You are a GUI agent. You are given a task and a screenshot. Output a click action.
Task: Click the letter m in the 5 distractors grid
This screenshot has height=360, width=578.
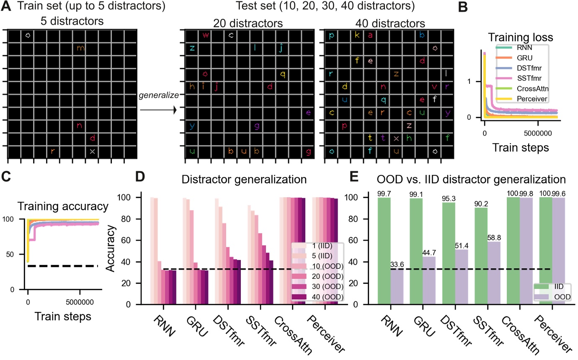[81, 49]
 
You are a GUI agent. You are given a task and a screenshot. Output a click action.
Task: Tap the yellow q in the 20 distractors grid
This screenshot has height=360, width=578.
[283, 75]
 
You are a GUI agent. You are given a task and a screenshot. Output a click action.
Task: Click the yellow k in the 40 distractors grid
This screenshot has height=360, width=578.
[357, 35]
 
